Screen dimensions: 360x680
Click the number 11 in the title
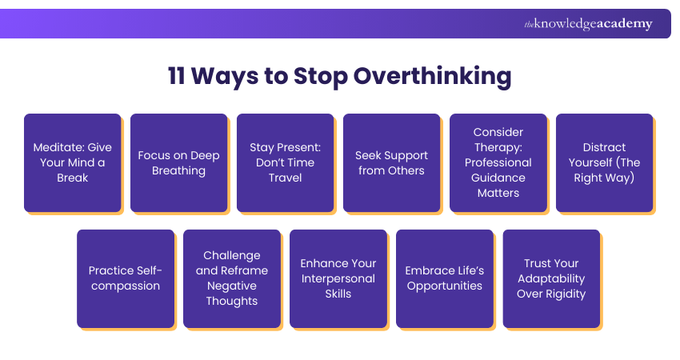(179, 76)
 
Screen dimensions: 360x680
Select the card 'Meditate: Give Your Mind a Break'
(72, 162)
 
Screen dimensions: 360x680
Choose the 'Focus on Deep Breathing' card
(178, 162)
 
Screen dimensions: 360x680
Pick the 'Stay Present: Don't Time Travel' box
(285, 162)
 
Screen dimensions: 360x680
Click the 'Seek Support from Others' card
(391, 162)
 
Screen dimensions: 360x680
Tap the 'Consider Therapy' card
(498, 162)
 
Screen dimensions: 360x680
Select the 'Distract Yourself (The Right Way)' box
(604, 162)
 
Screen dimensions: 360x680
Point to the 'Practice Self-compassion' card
(125, 278)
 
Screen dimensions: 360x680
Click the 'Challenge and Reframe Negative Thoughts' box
(231, 278)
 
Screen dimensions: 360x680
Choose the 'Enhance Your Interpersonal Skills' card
(338, 278)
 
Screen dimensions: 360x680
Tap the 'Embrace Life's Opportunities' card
(444, 278)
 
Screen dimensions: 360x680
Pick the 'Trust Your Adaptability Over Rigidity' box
(550, 278)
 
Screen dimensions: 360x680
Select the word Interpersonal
(338, 278)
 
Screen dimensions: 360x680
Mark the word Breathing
(178, 170)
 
